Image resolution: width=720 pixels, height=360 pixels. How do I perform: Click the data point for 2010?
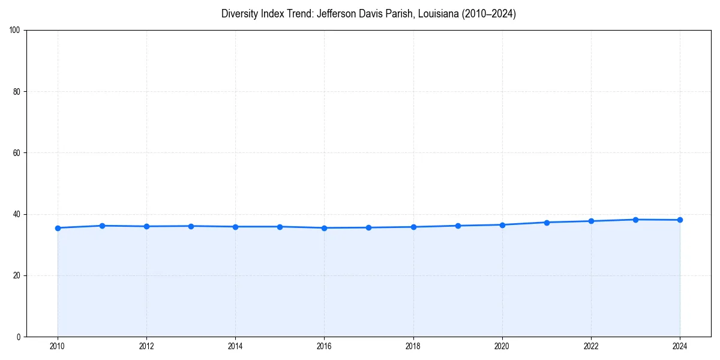58,228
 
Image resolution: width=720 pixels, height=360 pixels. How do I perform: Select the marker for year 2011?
102,226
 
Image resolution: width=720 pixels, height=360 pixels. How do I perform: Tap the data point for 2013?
191,226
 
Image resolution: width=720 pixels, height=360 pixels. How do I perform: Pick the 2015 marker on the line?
280,227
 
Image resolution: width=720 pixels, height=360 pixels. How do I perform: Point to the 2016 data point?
324,228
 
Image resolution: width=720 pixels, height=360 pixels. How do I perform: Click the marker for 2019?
458,226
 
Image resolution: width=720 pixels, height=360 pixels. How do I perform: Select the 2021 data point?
547,223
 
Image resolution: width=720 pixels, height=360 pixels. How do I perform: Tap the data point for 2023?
635,220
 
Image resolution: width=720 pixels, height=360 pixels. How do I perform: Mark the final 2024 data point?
680,220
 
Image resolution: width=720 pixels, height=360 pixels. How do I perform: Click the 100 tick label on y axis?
16,31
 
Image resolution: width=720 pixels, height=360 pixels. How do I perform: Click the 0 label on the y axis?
19,337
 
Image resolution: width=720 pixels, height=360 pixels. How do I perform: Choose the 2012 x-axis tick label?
146,346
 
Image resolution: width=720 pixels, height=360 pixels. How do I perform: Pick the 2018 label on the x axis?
413,346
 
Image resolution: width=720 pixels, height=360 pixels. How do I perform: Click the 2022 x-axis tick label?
591,346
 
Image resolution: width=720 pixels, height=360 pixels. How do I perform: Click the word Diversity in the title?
240,14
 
